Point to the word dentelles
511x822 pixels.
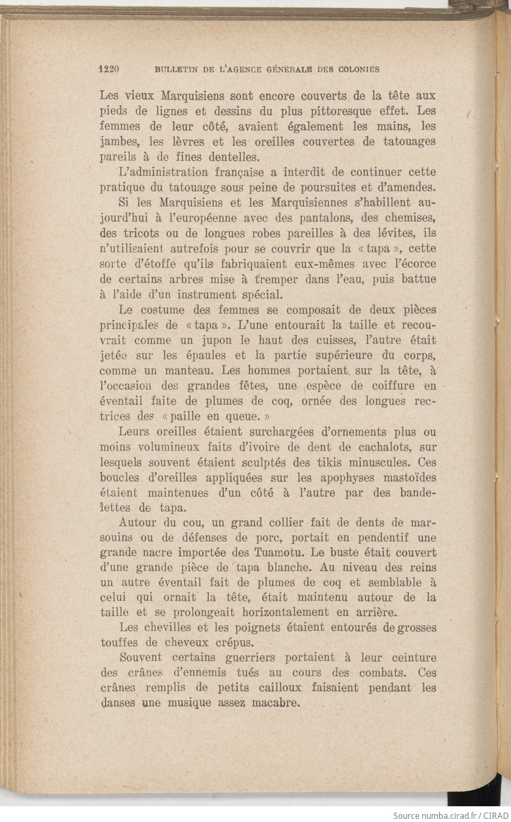tap(234, 157)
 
